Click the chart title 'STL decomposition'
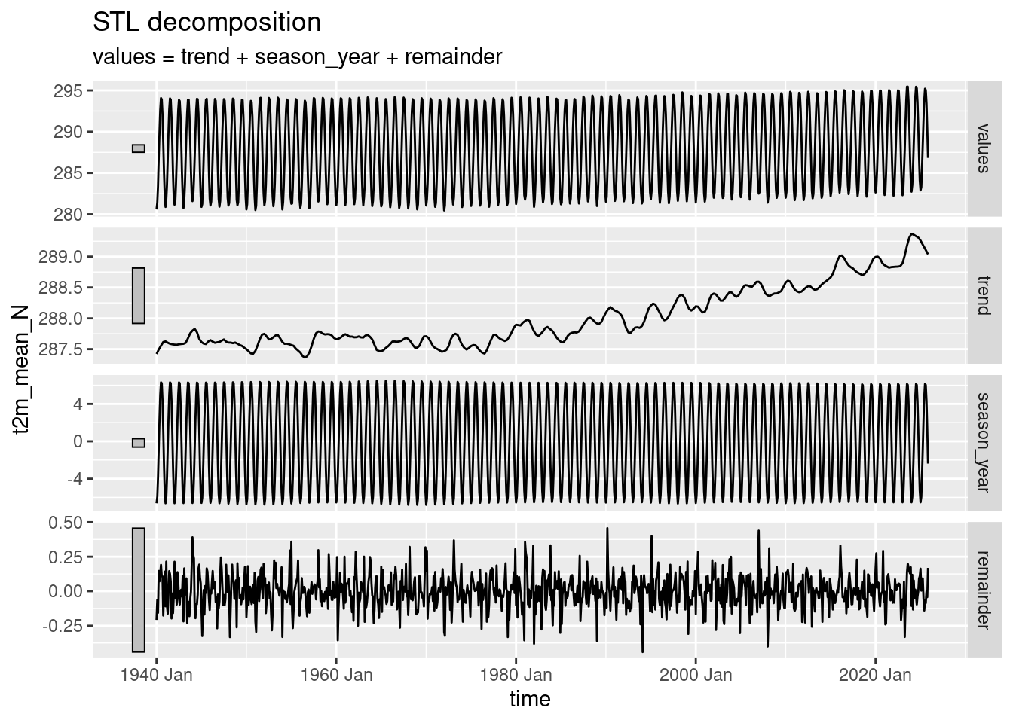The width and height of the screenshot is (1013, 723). (x=207, y=23)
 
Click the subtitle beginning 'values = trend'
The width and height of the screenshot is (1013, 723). (x=297, y=56)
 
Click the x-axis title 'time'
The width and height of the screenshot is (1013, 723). (x=530, y=699)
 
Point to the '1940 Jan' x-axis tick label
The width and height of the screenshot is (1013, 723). (x=156, y=675)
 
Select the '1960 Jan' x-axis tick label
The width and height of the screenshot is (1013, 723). (x=336, y=675)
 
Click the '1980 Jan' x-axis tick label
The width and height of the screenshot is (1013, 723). (x=516, y=675)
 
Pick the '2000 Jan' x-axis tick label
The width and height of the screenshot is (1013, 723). (x=696, y=675)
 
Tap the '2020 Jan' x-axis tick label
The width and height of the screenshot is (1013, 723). (x=875, y=675)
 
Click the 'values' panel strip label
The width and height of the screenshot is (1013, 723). (x=982, y=148)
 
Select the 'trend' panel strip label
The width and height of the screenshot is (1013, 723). (x=982, y=295)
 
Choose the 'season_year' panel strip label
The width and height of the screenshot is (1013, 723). (x=982, y=441)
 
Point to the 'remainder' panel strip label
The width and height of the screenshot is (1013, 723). (x=982, y=589)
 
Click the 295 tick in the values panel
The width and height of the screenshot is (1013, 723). (x=72, y=91)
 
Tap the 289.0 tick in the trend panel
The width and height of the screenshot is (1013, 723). (x=66, y=258)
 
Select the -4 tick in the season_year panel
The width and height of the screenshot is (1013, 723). (x=77, y=479)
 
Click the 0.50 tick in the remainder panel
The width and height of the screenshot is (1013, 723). (x=69, y=522)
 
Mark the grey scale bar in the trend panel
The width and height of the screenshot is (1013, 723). (x=138, y=295)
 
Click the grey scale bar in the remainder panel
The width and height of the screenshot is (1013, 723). (x=138, y=590)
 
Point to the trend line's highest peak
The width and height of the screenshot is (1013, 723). (x=912, y=234)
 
